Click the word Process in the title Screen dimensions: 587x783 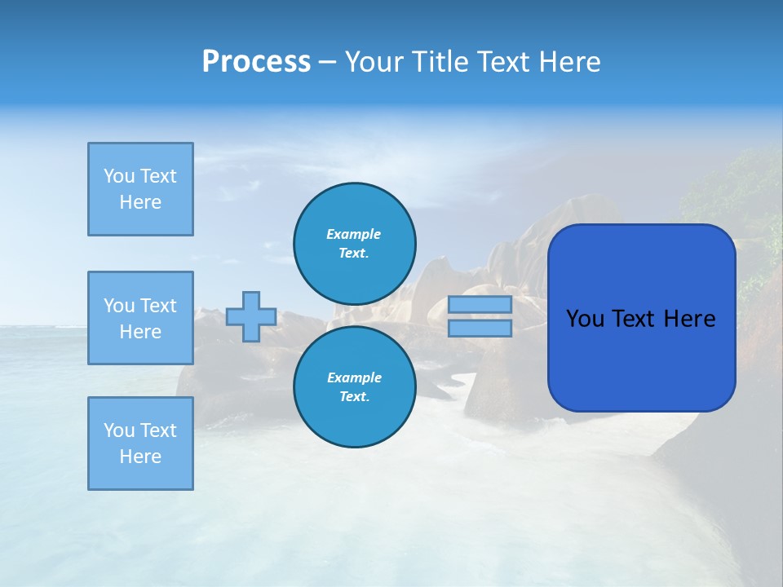click(256, 62)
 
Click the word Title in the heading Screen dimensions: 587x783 click(438, 62)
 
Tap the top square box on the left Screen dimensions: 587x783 click(140, 189)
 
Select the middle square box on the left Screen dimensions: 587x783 click(140, 318)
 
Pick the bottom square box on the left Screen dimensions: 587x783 click(140, 444)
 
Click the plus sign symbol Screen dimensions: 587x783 click(251, 316)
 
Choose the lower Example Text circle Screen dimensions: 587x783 click(355, 387)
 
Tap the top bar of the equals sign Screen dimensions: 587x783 click(480, 304)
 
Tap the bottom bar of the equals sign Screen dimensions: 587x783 click(480, 328)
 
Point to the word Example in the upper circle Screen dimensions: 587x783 click(354, 234)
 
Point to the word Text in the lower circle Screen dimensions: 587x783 click(353, 397)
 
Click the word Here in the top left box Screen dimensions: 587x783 click(140, 202)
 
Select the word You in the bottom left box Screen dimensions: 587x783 click(119, 430)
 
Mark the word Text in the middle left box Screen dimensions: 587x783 click(158, 306)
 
